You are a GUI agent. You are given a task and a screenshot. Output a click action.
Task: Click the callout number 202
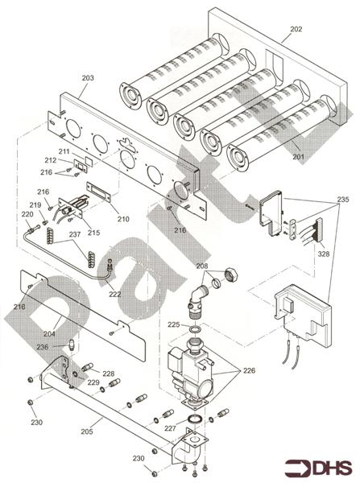coord(296,29)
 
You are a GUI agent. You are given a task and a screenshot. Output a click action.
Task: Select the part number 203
coord(88,78)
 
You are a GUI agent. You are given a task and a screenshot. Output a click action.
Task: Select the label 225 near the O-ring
coord(173,324)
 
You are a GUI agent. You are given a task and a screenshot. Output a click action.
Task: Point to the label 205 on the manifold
coord(86,431)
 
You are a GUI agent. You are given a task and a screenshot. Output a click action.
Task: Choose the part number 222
coord(114,294)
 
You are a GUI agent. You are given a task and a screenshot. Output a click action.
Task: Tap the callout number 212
coord(51,160)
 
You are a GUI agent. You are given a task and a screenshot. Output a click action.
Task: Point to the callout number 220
coord(27,215)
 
